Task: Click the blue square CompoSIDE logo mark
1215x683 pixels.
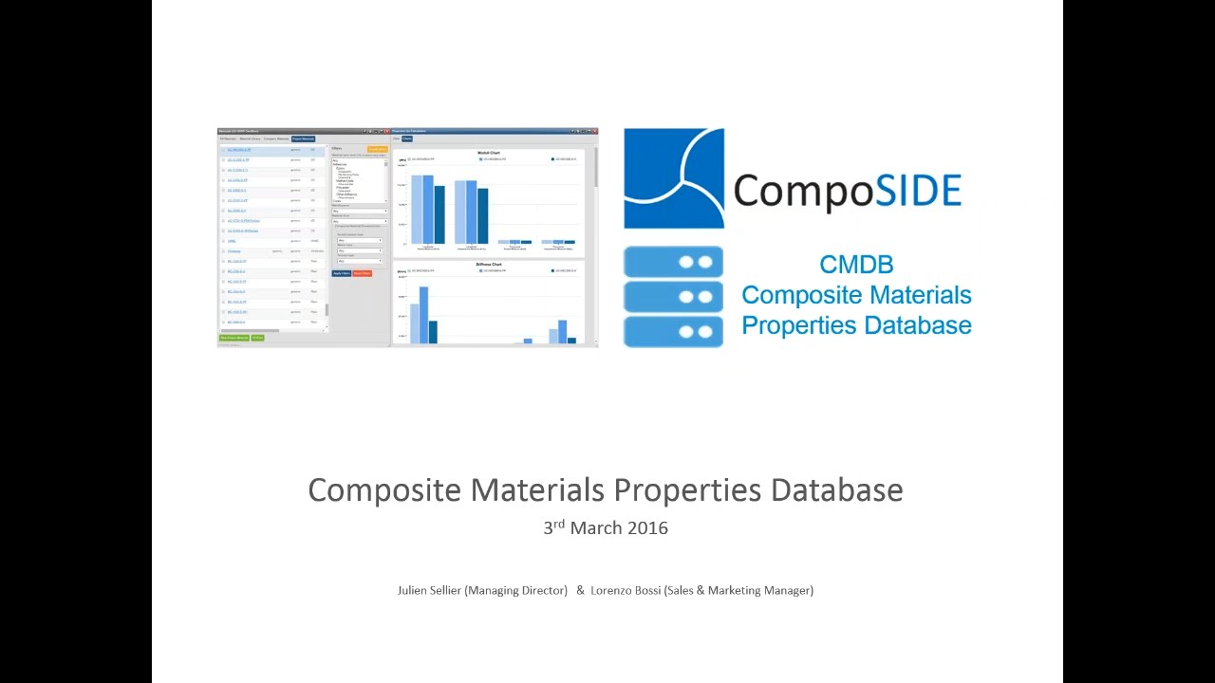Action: tap(673, 178)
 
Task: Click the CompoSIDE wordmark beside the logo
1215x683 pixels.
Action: tap(847, 190)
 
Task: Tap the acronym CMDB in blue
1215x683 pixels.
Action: tap(856, 265)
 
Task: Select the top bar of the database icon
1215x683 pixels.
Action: tap(673, 262)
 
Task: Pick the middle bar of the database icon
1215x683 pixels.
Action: tap(673, 297)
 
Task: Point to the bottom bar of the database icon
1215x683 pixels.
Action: tap(673, 331)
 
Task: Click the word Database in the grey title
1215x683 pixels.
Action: tap(836, 490)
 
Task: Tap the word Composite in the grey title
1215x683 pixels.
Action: tap(384, 490)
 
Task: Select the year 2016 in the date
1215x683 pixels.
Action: tap(645, 528)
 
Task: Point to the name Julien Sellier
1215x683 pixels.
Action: tap(429, 590)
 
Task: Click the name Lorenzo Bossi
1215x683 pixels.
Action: tap(626, 590)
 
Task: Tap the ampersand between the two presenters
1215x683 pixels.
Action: tap(580, 590)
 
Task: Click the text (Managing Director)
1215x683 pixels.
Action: tap(516, 590)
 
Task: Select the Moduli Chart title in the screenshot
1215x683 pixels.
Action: tap(489, 153)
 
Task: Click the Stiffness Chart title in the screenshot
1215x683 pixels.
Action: tap(489, 265)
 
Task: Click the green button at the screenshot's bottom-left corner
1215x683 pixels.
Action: tap(234, 338)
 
